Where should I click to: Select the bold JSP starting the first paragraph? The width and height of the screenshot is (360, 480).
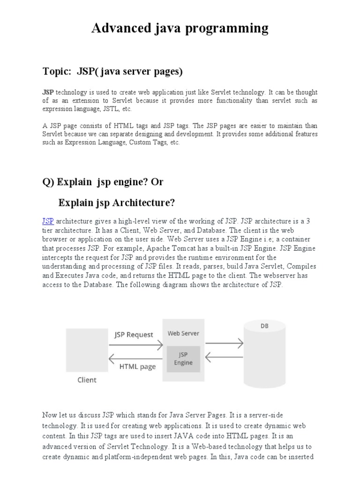coord(48,92)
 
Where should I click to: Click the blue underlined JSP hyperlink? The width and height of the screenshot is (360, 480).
coord(48,221)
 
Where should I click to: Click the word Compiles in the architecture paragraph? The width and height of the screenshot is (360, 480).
coord(302,266)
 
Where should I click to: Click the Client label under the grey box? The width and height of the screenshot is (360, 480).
coord(87,380)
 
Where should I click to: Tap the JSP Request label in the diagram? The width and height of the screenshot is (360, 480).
coord(134,335)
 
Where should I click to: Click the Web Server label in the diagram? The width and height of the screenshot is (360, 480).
coord(183,334)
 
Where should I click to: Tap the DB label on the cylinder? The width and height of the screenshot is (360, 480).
coord(264,326)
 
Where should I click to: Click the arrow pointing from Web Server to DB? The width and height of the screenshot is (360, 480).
coord(224,344)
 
